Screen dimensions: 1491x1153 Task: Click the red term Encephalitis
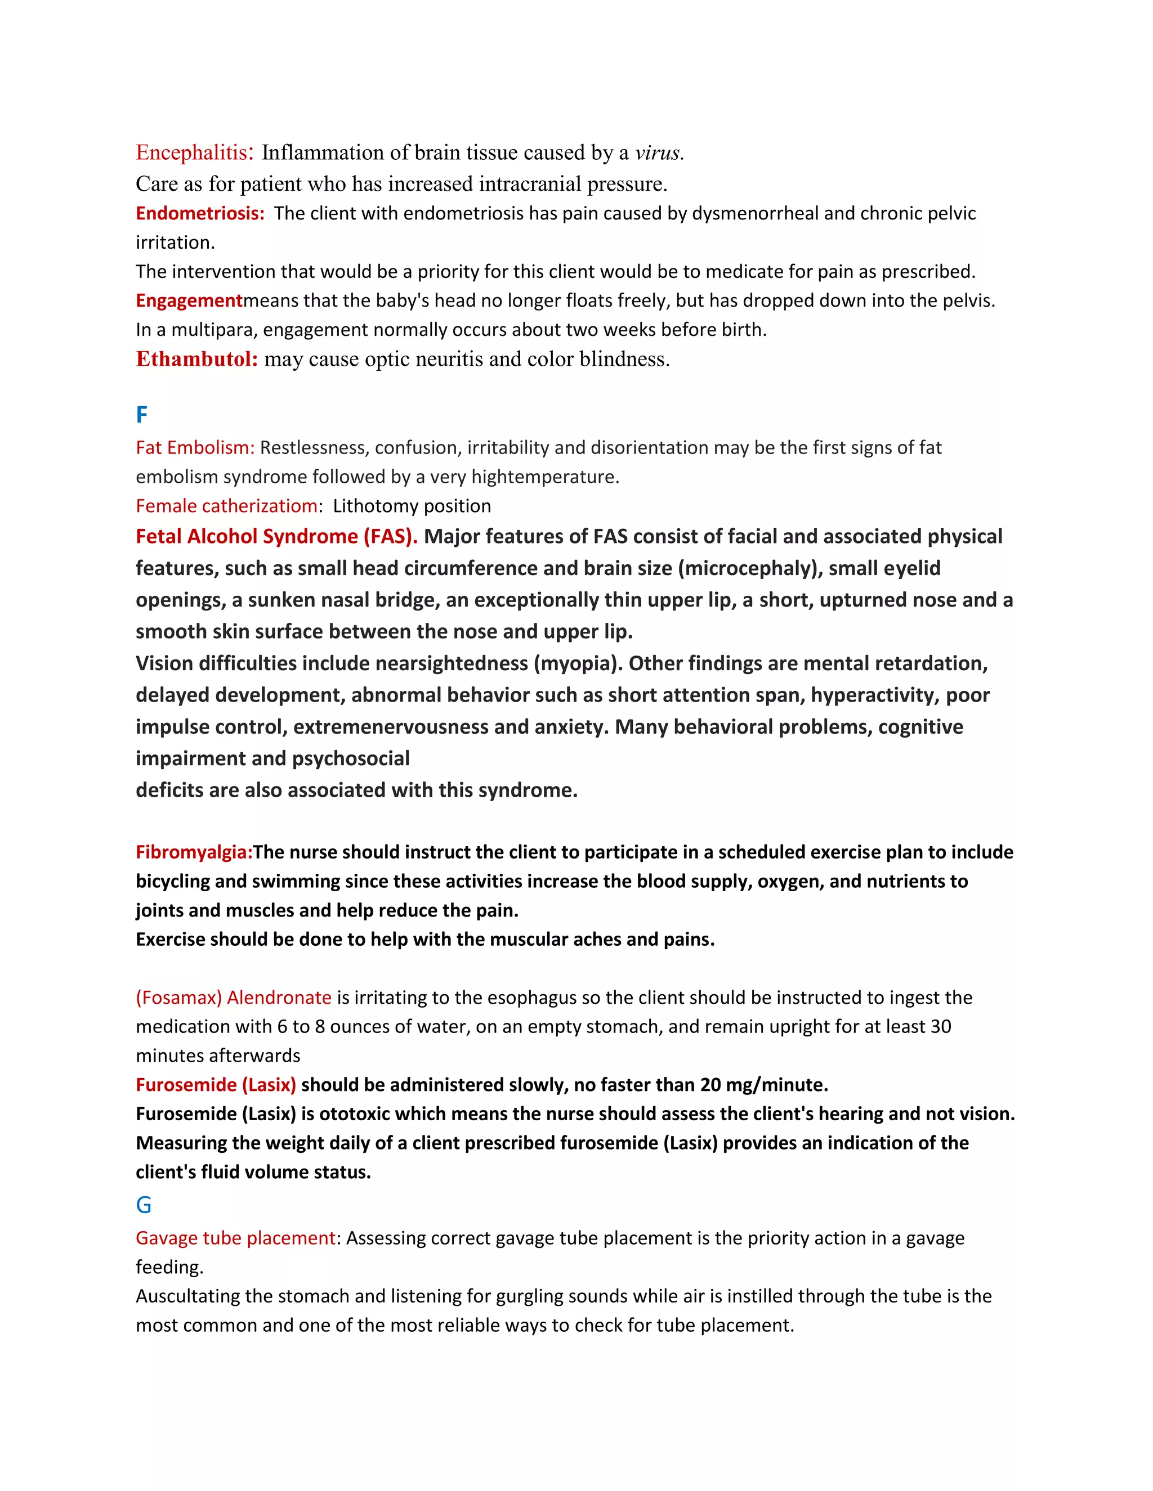coord(191,152)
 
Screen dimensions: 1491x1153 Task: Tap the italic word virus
coord(658,152)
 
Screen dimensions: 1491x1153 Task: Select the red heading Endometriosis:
coord(199,213)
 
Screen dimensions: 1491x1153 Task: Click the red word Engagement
coord(189,300)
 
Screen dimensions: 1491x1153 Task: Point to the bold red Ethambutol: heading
coord(196,359)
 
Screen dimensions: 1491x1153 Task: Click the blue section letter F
coord(142,415)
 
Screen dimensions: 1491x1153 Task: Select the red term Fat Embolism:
coord(195,447)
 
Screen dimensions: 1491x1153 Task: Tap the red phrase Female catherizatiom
coord(227,506)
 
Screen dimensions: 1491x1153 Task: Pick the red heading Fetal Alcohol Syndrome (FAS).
coord(276,537)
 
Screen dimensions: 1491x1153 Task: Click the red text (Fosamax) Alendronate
coord(234,998)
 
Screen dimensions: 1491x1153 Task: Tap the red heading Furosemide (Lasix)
coord(216,1085)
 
